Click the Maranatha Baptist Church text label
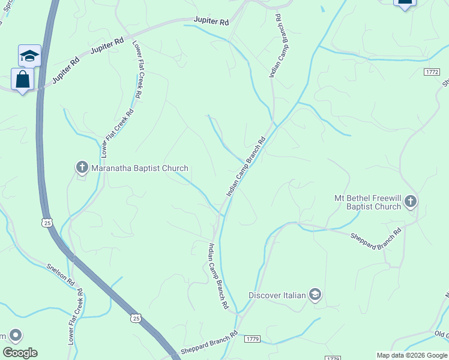pos(139,168)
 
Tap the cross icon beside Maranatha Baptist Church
pos(82,167)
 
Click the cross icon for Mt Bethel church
pos(411,202)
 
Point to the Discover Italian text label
pos(277,295)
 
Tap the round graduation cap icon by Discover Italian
pos(315,294)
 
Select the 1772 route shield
pos(432,71)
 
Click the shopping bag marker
pos(22,79)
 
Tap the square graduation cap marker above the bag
pos(29,56)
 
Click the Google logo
pos(20,352)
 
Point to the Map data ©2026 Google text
pos(411,355)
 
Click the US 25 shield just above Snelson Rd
pos(47,223)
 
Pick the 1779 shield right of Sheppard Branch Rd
pos(252,339)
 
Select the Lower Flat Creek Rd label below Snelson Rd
pos(75,316)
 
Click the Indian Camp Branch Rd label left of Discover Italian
pos(218,277)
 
